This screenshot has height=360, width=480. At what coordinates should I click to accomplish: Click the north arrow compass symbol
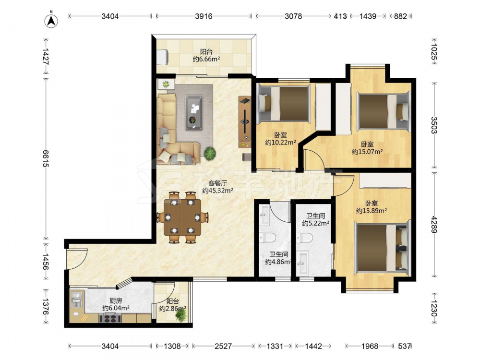point(51,20)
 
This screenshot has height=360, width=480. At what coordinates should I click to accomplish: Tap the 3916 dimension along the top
point(204,16)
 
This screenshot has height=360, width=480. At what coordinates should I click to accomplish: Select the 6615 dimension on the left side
point(46,158)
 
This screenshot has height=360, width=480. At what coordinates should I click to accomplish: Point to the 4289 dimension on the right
point(434,224)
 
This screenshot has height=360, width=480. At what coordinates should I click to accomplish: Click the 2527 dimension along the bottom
point(223,346)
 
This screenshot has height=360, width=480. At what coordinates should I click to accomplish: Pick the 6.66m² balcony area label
point(206,55)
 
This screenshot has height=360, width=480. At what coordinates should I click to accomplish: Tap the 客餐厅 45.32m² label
point(217,187)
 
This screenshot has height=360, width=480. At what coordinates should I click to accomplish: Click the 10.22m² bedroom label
point(280,138)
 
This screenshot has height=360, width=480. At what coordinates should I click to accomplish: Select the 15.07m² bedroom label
point(367,148)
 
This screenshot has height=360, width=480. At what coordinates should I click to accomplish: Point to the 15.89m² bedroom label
point(372,207)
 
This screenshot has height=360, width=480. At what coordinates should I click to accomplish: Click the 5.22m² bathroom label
point(316,219)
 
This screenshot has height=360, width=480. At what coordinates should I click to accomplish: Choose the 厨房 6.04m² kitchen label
point(116,304)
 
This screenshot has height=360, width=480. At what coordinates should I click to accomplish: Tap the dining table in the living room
point(182,217)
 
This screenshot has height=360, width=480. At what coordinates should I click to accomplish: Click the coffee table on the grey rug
point(194,112)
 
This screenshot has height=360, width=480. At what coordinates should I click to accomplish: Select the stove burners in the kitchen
point(110,318)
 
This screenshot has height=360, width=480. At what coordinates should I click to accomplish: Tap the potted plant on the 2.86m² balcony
point(181,315)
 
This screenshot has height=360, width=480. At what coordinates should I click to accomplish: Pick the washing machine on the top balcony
point(162,57)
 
